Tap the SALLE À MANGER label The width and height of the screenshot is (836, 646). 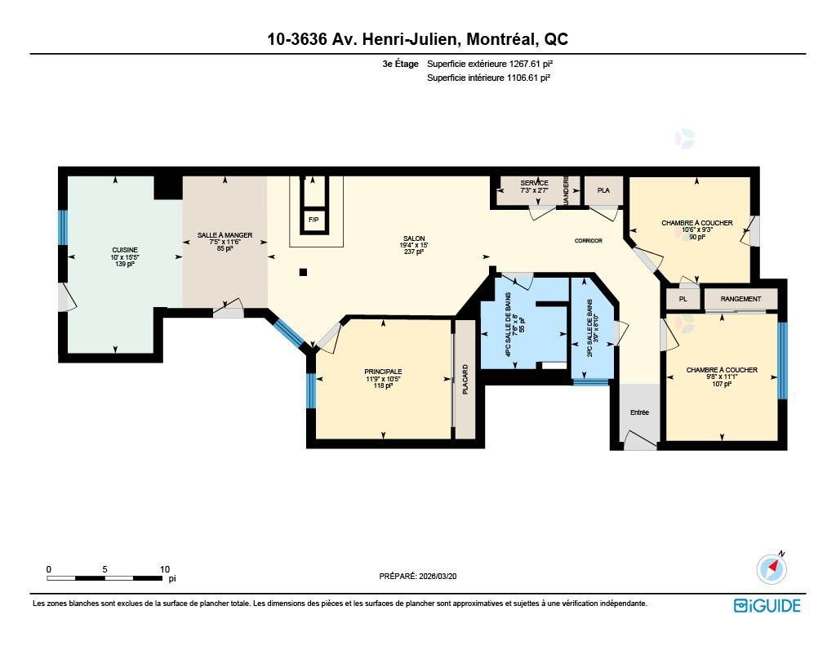pos(225,235)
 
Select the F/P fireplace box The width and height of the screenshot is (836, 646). pos(313,220)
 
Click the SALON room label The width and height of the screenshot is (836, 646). pos(414,238)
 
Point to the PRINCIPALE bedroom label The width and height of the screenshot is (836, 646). pos(383,371)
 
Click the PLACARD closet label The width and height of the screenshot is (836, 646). pos(465,381)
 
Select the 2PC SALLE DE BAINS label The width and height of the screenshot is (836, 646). pos(589,327)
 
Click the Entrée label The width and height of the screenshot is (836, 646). pos(638,412)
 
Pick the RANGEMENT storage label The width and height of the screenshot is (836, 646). pos(740,299)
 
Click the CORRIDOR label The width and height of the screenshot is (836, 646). pos(588,241)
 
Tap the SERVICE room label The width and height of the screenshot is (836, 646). pos(534,183)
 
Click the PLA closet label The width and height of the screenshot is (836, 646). pos(603,190)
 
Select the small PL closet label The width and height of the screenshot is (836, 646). pos(683,299)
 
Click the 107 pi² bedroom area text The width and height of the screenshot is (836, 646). pos(721,385)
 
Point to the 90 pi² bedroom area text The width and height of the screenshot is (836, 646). pos(696,238)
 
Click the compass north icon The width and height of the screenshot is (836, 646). pos(772,568)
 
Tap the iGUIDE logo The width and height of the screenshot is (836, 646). pos(767,605)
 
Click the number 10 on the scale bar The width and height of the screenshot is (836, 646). pos(164,569)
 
